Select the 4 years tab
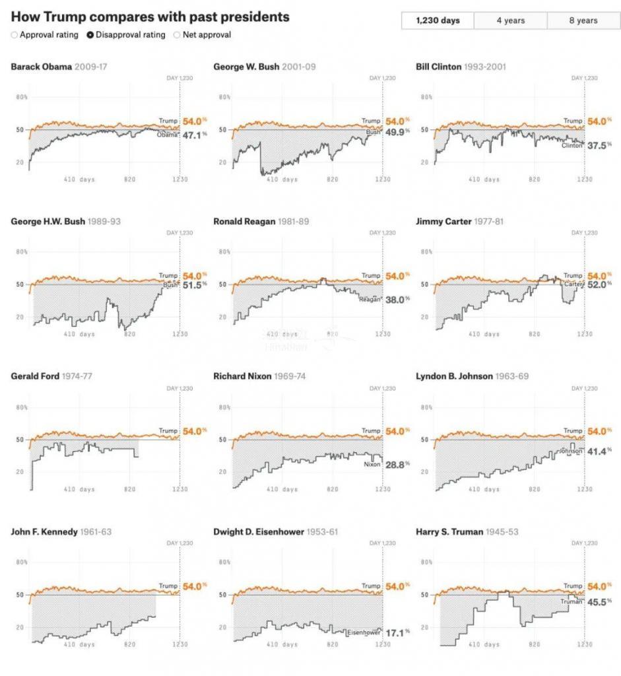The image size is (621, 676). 510,21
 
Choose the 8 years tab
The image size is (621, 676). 583,21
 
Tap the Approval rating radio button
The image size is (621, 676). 15,35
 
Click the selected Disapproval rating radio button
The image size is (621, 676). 90,35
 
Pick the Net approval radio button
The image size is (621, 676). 176,35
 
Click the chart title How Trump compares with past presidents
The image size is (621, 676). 150,17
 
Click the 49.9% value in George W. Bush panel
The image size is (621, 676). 396,132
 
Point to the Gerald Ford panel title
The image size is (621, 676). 35,376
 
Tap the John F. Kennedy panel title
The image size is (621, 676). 44,531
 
